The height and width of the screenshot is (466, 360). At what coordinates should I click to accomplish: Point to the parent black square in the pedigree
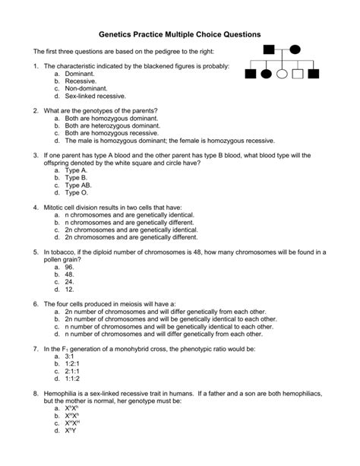click(268, 50)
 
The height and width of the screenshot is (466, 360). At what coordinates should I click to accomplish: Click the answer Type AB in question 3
click(79, 185)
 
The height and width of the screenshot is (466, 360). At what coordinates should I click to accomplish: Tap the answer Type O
click(77, 192)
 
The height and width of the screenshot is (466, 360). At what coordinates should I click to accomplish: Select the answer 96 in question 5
click(69, 267)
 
